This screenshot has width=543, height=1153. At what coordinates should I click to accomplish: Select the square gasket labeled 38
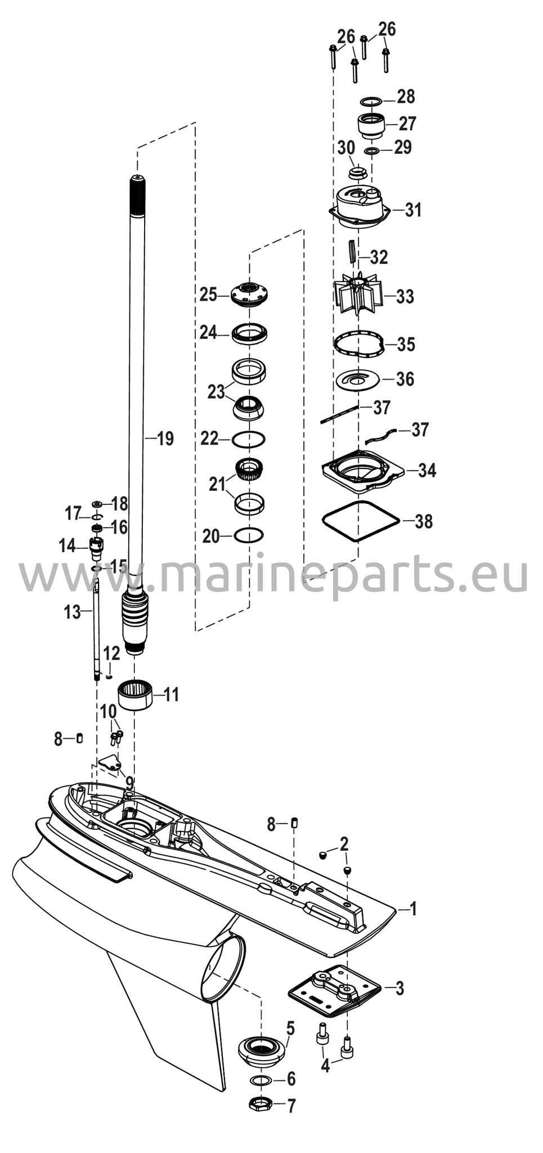(360, 521)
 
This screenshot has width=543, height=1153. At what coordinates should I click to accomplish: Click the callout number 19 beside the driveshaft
(165, 439)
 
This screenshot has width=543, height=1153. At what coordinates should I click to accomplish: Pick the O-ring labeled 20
(249, 535)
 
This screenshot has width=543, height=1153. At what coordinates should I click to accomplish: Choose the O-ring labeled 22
(249, 439)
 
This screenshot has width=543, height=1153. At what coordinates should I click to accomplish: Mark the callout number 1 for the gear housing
(414, 908)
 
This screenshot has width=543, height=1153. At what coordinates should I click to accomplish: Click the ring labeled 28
(370, 101)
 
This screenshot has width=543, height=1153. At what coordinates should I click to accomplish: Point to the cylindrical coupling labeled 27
(370, 125)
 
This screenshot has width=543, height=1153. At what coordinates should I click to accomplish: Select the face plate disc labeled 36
(359, 379)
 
